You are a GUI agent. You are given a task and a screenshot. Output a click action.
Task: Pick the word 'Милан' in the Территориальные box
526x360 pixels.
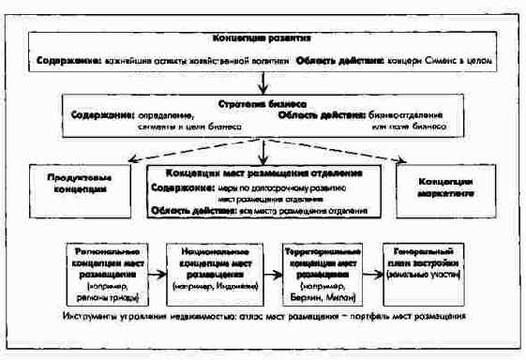click(342, 297)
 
